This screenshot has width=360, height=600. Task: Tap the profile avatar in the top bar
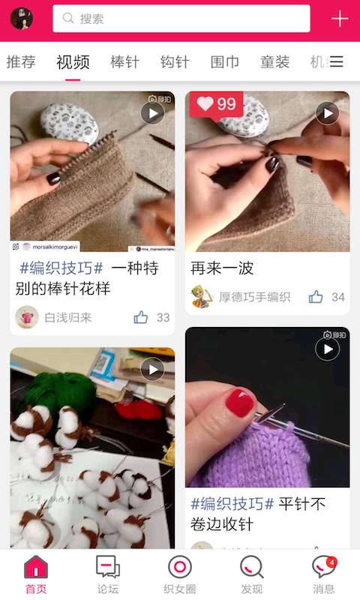pyautogui.click(x=21, y=18)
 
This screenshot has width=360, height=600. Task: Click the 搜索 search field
pyautogui.click(x=181, y=19)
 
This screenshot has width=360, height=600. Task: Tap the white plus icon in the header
pyautogui.click(x=340, y=19)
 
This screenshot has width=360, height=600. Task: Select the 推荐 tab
pyautogui.click(x=21, y=62)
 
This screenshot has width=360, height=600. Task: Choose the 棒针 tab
pyautogui.click(x=124, y=62)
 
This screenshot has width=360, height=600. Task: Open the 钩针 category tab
pyautogui.click(x=175, y=62)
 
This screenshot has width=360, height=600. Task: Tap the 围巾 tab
pyautogui.click(x=225, y=62)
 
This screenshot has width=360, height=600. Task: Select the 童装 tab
pyautogui.click(x=274, y=62)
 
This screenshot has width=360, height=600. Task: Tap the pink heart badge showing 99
pyautogui.click(x=216, y=104)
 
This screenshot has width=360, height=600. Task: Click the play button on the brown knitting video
pyautogui.click(x=152, y=113)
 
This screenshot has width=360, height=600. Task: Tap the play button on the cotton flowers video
pyautogui.click(x=152, y=369)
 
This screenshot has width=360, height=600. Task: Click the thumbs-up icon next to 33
pyautogui.click(x=141, y=317)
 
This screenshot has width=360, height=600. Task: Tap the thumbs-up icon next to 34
pyautogui.click(x=316, y=297)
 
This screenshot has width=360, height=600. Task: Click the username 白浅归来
pyautogui.click(x=67, y=317)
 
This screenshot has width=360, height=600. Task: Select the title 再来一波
pyautogui.click(x=222, y=268)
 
